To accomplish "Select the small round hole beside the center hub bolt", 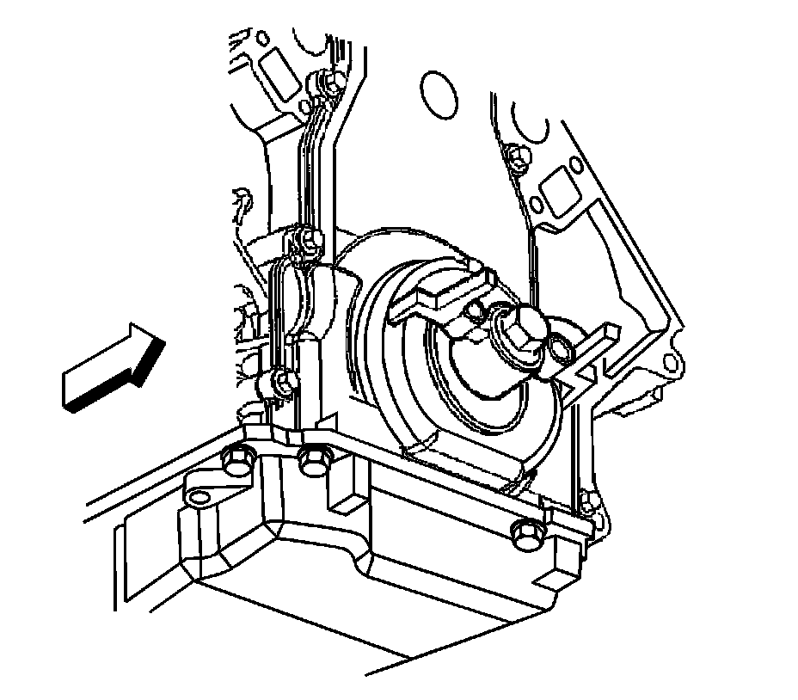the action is tap(560, 348).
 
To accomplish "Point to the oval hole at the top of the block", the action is tap(436, 89).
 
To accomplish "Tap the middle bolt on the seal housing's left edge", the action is tap(301, 235).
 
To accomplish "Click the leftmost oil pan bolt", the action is tap(234, 462).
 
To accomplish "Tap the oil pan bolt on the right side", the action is tap(523, 535).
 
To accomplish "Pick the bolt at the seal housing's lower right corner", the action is tap(586, 501).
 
